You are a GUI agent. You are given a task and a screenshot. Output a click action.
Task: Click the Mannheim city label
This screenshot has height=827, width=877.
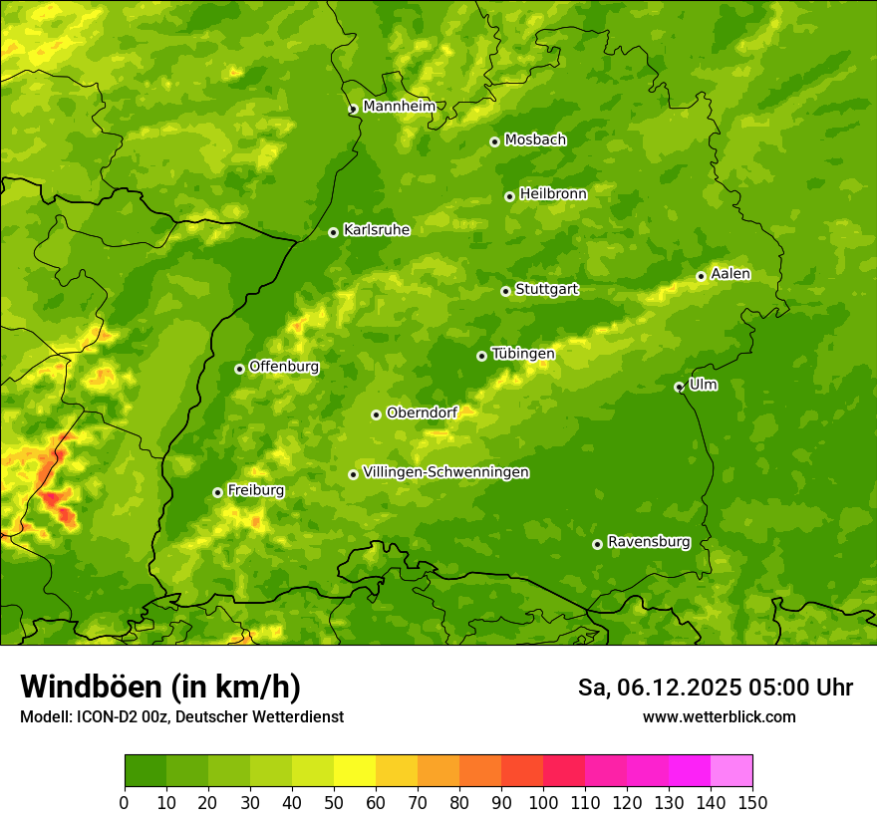[399, 107]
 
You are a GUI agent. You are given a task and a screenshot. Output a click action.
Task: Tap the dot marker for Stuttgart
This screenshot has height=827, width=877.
[505, 291]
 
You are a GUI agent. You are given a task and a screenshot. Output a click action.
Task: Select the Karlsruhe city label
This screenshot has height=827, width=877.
[376, 230]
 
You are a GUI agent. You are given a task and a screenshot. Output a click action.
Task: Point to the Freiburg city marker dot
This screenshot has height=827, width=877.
[217, 492]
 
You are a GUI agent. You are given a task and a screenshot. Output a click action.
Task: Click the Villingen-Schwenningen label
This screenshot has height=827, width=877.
[445, 472]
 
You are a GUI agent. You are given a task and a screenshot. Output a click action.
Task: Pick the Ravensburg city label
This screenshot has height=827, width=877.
[648, 542]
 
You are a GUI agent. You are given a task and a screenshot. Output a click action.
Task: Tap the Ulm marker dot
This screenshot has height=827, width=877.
[679, 387]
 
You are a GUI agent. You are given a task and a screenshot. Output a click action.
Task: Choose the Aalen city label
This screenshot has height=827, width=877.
[730, 274]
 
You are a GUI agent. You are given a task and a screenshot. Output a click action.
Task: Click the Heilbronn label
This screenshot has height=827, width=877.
[553, 194]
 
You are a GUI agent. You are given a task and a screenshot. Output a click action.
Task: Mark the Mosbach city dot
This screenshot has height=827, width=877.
[494, 141]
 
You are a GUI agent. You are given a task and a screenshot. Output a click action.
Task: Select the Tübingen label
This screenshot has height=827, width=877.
[522, 354]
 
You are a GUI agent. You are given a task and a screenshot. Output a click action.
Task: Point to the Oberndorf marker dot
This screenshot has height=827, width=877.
[376, 414]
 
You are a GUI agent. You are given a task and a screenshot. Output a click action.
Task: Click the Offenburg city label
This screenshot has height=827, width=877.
[283, 367]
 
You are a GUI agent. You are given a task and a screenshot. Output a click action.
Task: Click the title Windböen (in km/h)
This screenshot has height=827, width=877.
[159, 687]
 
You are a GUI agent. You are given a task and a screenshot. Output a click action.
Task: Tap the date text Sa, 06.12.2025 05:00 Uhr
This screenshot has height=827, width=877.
[715, 688]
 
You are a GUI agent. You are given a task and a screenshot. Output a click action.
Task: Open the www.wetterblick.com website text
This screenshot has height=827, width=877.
[719, 716]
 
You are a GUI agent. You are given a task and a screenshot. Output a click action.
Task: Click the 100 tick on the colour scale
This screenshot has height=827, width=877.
[543, 802]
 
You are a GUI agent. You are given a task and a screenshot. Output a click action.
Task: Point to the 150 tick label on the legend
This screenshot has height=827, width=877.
[752, 802]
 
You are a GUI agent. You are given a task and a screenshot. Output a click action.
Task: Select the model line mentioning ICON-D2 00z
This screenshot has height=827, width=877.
[181, 716]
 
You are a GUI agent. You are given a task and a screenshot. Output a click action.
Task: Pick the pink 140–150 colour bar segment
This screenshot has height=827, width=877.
[731, 770]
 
